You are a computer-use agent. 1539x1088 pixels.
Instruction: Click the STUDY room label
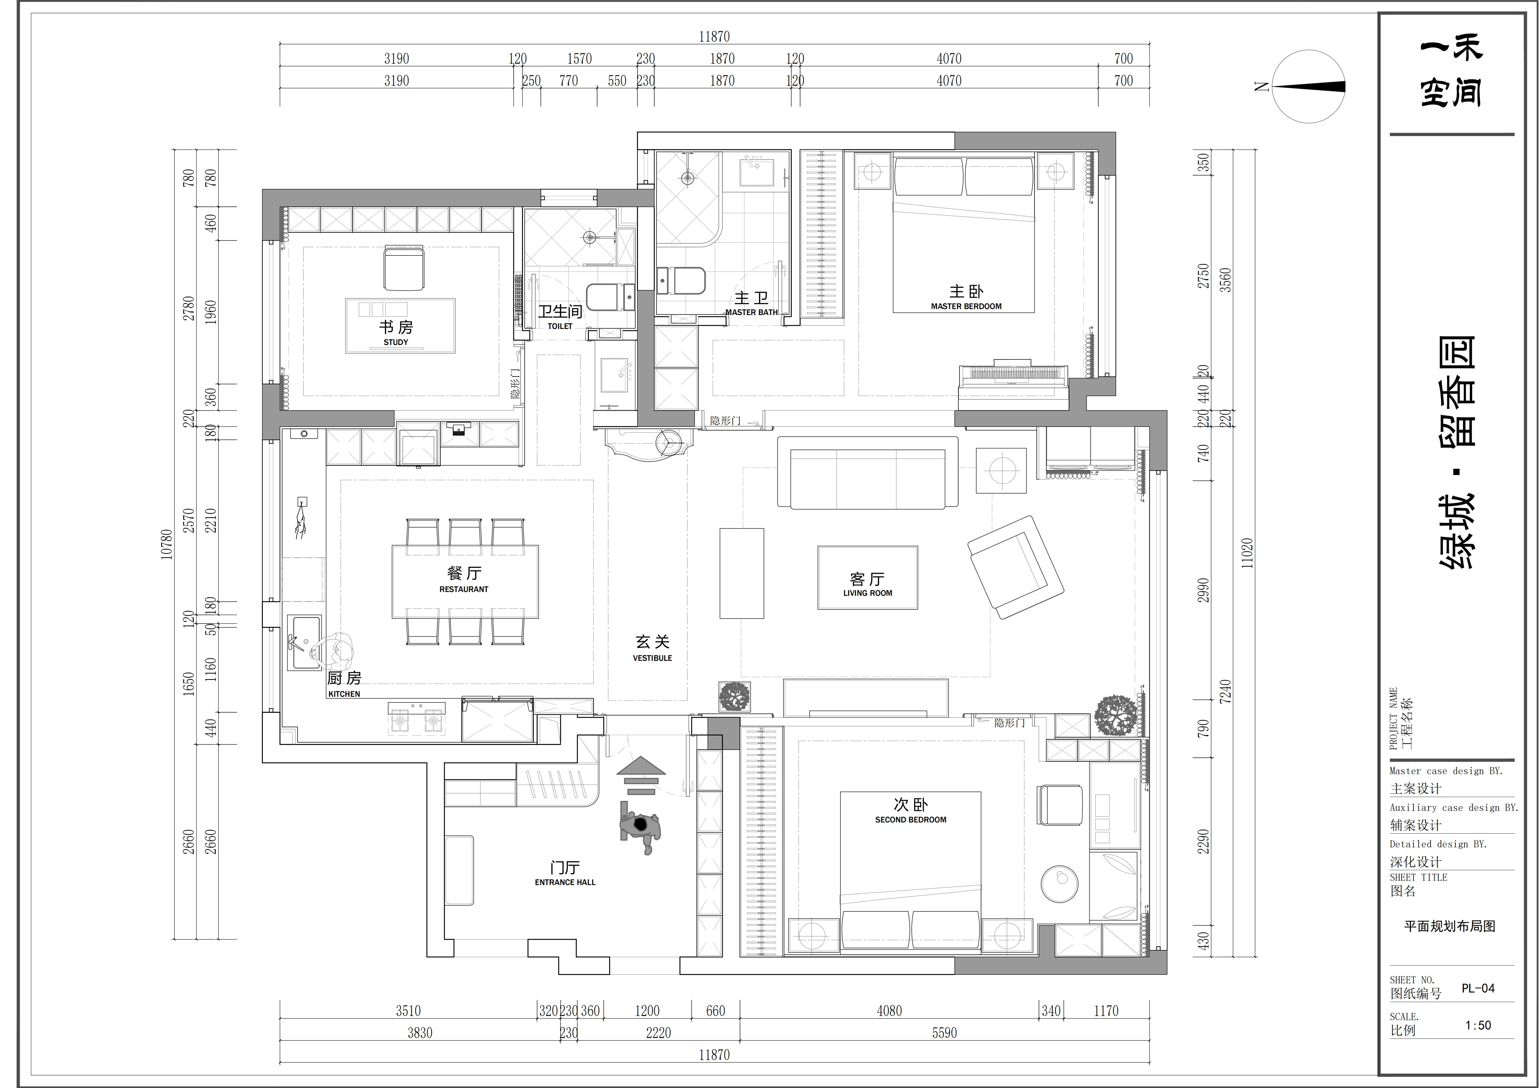pyautogui.click(x=396, y=342)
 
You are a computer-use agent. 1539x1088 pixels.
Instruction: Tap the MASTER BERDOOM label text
pyautogui.click(x=966, y=306)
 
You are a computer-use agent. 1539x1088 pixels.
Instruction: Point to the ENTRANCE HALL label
pyautogui.click(x=565, y=882)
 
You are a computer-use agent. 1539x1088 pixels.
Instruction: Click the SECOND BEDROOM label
pyautogui.click(x=910, y=819)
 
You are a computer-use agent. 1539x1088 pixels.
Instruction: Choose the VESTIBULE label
pyautogui.click(x=652, y=658)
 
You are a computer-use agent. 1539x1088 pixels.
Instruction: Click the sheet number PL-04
pyautogui.click(x=1478, y=988)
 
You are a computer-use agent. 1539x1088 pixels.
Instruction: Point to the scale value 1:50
pyautogui.click(x=1478, y=1025)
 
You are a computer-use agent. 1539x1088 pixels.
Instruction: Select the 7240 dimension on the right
pyautogui.click(x=1225, y=691)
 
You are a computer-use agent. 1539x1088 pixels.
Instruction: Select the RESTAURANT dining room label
pyautogui.click(x=464, y=589)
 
